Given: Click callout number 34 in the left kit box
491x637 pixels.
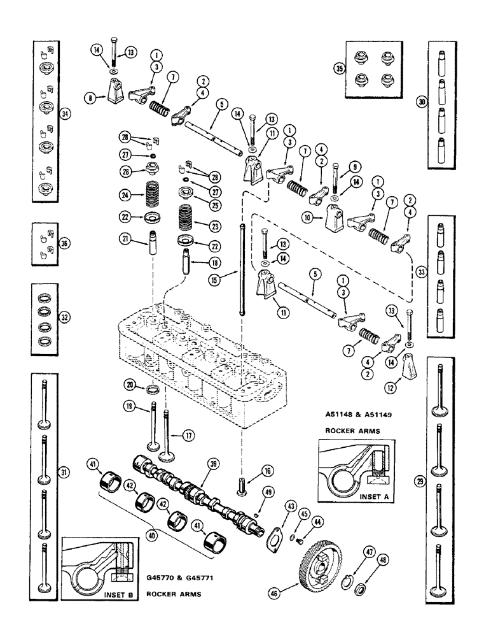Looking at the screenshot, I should pyautogui.click(x=64, y=114).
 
